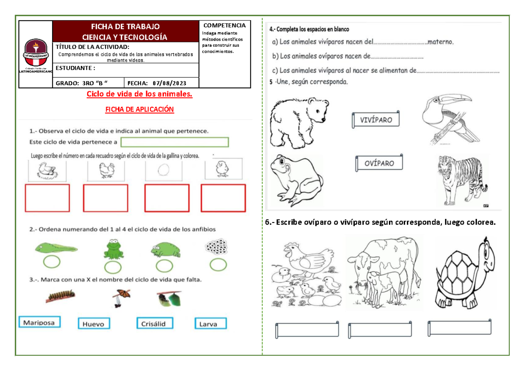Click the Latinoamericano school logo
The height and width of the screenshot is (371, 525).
pos(36,55)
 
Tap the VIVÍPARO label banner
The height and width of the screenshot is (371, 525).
pos(376,120)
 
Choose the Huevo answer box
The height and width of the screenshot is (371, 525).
pos(94,324)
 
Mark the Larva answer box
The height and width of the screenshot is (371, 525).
pos(211,324)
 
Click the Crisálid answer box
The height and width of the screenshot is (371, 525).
pos(154,323)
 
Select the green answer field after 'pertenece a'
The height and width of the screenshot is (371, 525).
pos(175,142)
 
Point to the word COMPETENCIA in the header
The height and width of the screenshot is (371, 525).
pos(224,25)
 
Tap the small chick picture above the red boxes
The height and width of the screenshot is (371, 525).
pos(222,169)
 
